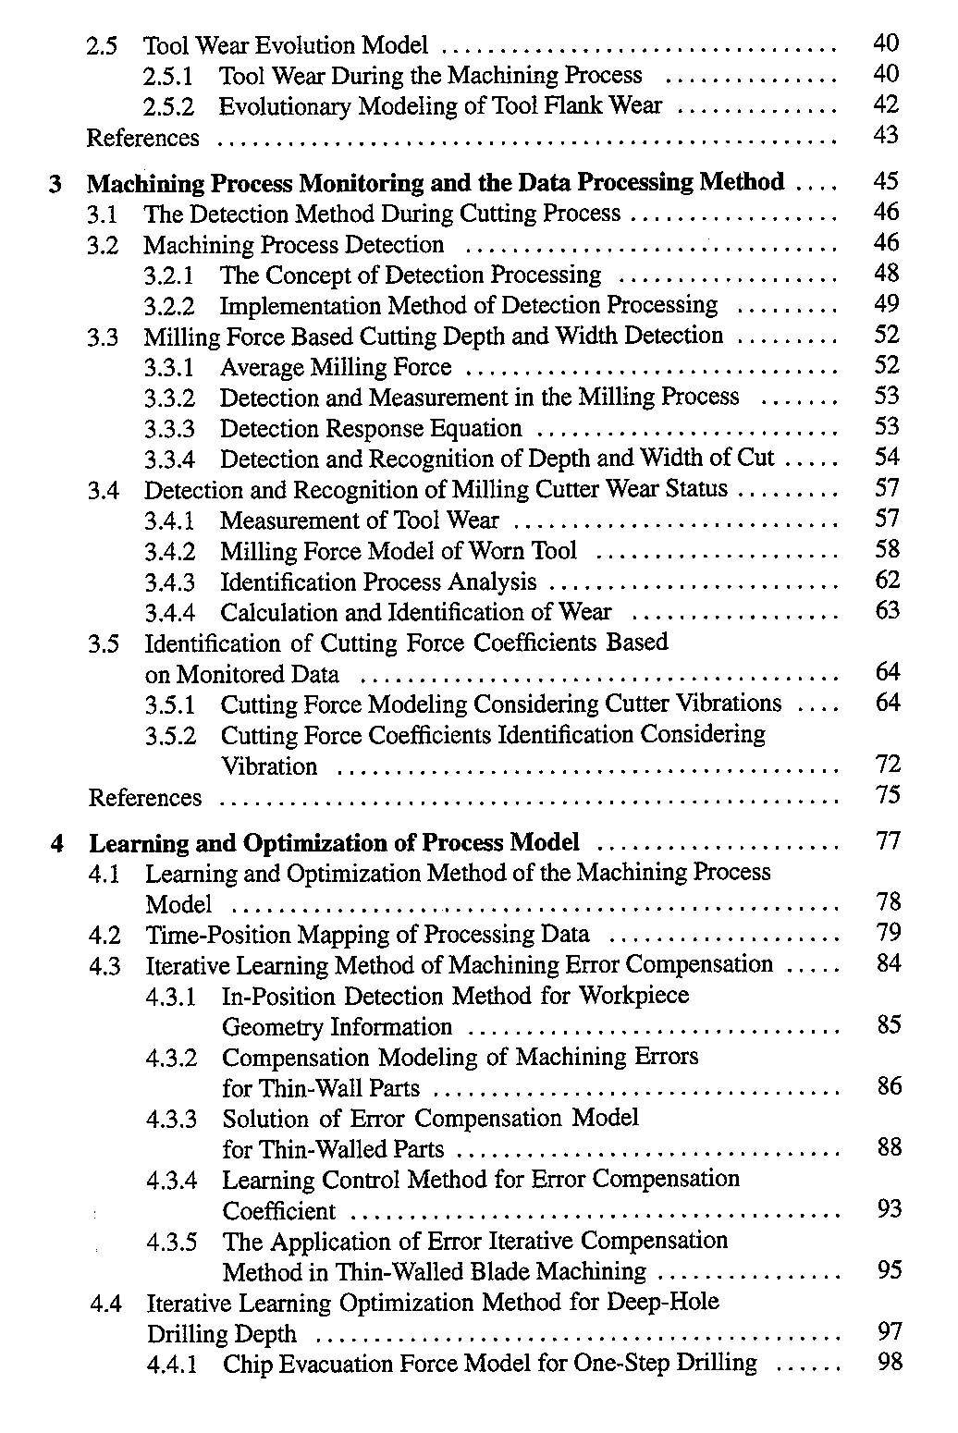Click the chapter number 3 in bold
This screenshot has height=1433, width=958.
56,184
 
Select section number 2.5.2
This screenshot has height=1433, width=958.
169,107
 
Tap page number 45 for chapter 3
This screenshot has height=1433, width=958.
886,181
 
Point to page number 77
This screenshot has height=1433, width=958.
888,841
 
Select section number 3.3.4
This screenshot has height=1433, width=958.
170,459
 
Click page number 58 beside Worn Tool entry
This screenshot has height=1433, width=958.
887,550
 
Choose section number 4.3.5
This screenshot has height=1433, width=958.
171,1242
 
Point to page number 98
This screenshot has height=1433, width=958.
889,1362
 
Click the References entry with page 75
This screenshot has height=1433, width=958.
145,798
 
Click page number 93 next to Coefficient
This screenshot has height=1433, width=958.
889,1209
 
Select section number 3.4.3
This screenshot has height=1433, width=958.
170,582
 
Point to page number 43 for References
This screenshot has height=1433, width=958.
886,136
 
